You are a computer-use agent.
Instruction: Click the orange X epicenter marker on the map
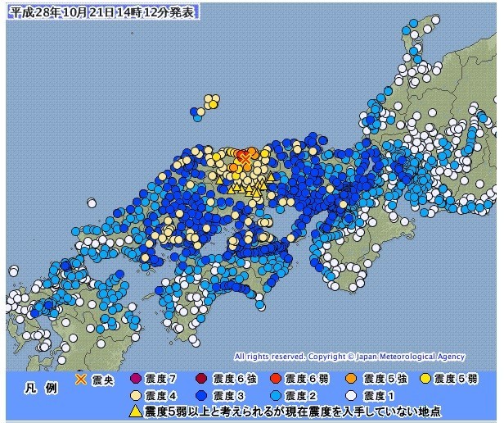244,158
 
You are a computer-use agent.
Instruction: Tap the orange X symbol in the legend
81,380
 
